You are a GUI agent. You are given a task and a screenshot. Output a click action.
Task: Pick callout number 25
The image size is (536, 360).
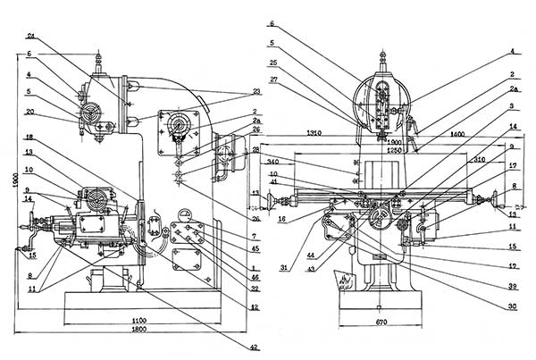[272, 63]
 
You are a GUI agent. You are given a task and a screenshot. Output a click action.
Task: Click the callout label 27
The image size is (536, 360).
[272, 80]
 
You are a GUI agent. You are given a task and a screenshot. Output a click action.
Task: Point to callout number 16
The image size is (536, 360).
[281, 217]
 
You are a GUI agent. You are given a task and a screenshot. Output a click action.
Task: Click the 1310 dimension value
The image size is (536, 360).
[313, 133]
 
